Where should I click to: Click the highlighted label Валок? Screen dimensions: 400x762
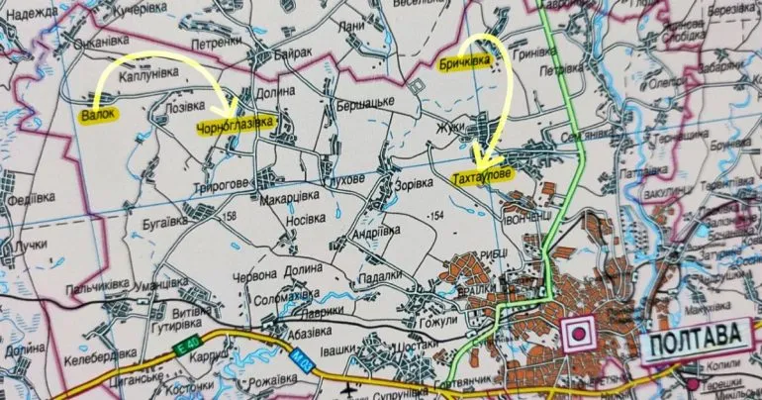pos(98,115)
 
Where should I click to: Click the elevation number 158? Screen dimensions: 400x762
pos(232,215)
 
